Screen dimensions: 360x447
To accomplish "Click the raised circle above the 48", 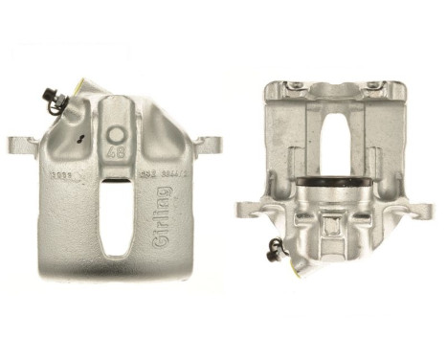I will coord(117,135).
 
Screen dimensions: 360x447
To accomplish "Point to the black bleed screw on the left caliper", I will coord(50,95).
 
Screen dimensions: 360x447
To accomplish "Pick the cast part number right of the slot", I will coord(153,174).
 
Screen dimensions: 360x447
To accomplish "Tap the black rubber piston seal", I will coord(335,181).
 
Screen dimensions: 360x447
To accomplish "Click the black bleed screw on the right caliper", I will coord(276,250).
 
